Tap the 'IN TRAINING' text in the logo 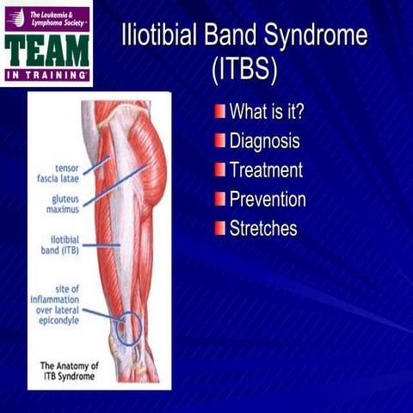click(x=47, y=76)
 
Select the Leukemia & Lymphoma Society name click(x=57, y=17)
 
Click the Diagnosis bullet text click(x=264, y=140)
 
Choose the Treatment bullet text click(x=266, y=170)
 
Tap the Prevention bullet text click(x=268, y=199)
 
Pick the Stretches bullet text click(x=262, y=228)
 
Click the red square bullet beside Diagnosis click(x=220, y=140)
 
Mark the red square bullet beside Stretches click(x=220, y=228)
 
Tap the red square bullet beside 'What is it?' click(x=220, y=111)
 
